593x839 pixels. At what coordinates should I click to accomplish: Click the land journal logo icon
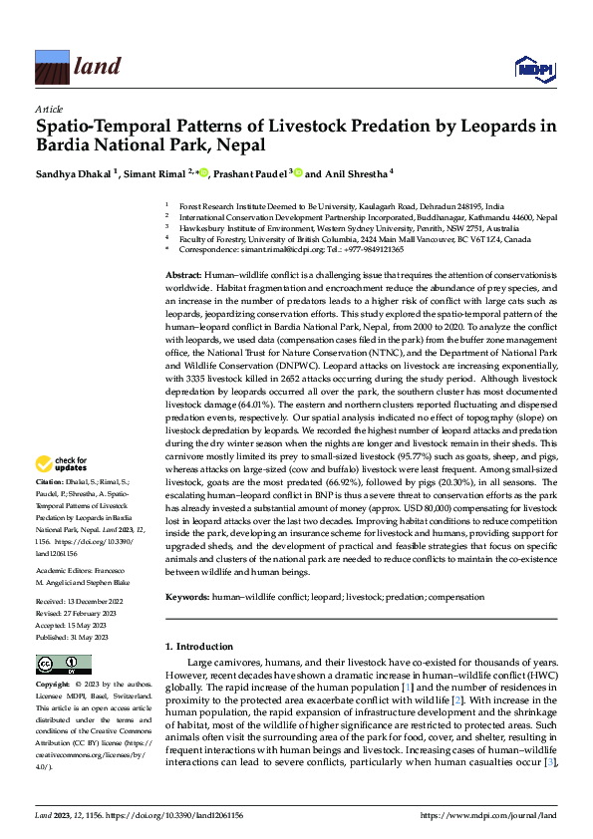pyautogui.click(x=51, y=69)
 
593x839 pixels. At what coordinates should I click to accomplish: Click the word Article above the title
pyautogui.click(x=48, y=108)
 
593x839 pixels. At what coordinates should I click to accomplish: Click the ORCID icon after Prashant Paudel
pyautogui.click(x=297, y=173)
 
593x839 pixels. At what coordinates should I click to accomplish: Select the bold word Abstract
pyautogui.click(x=183, y=273)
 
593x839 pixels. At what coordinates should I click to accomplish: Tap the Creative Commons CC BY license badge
pyautogui.click(x=63, y=666)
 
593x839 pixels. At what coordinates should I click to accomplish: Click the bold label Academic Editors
pyautogui.click(x=63, y=569)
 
